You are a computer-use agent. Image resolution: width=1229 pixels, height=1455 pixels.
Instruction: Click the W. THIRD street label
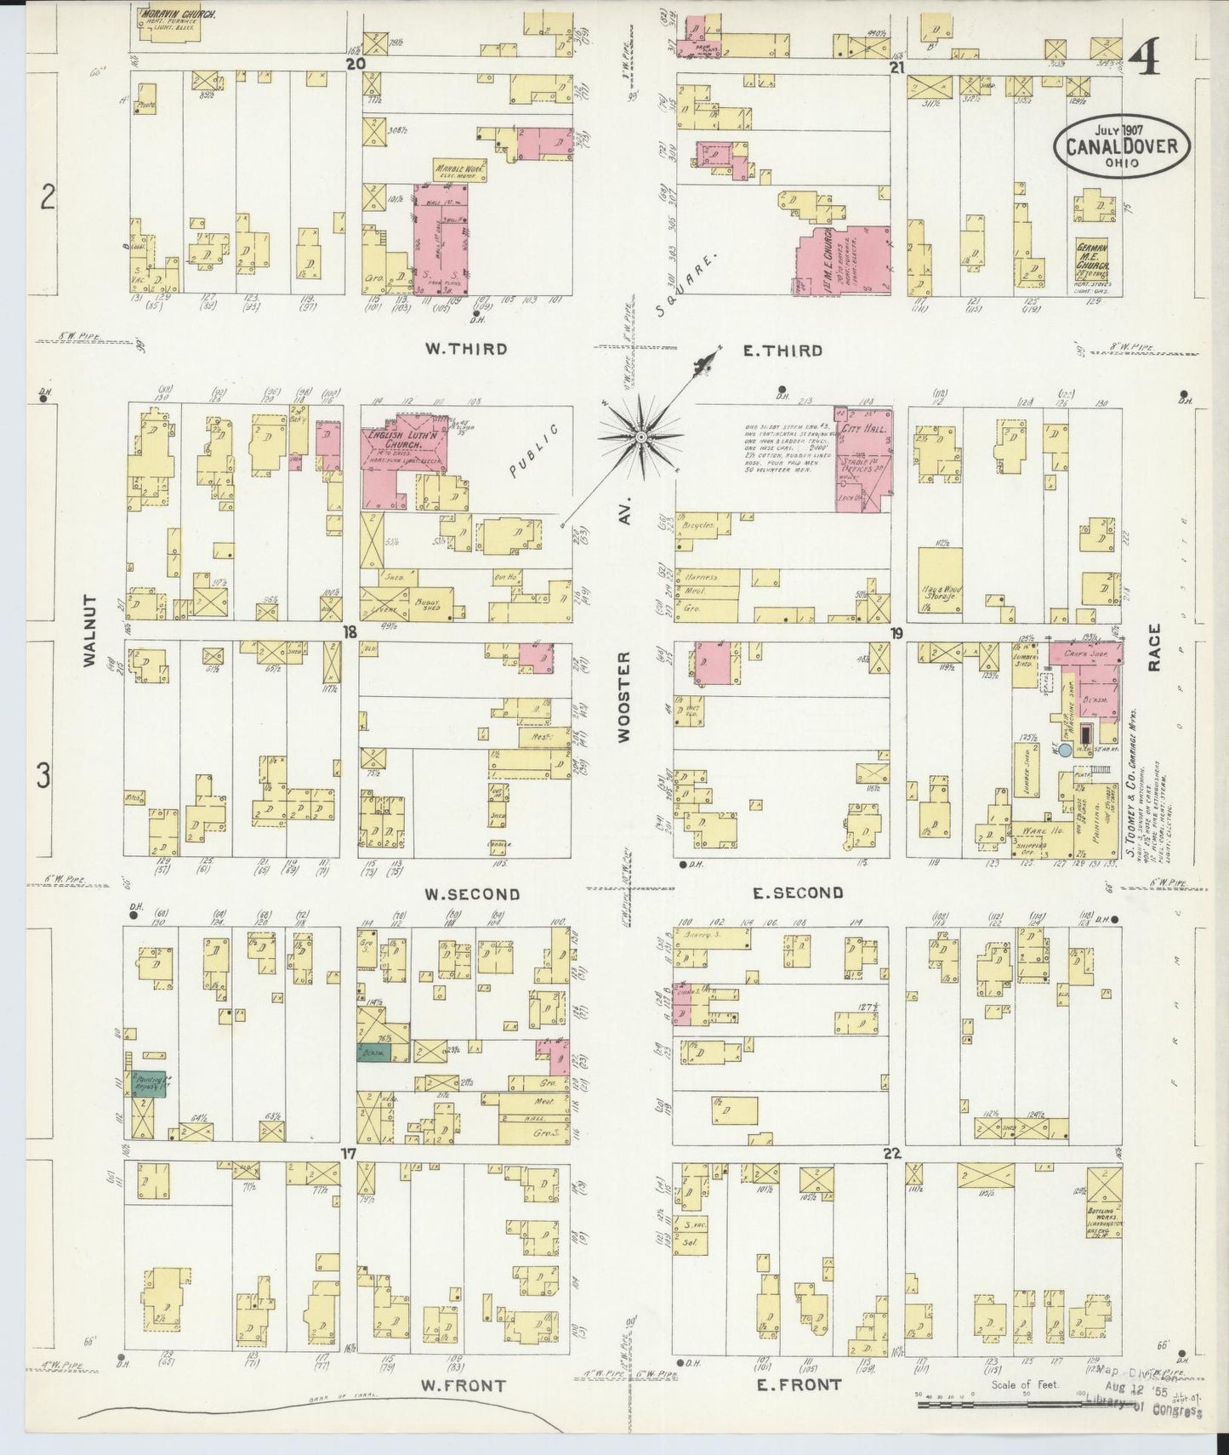click(x=466, y=349)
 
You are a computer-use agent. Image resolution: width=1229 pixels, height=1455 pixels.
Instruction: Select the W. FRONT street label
click(x=464, y=1385)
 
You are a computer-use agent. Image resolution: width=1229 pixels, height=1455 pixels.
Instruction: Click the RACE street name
click(x=1154, y=648)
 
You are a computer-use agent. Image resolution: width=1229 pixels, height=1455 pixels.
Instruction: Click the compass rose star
click(x=640, y=436)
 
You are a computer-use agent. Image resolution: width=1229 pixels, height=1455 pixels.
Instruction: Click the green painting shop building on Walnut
click(x=146, y=1083)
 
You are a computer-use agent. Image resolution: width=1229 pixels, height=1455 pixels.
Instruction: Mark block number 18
click(x=348, y=631)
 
